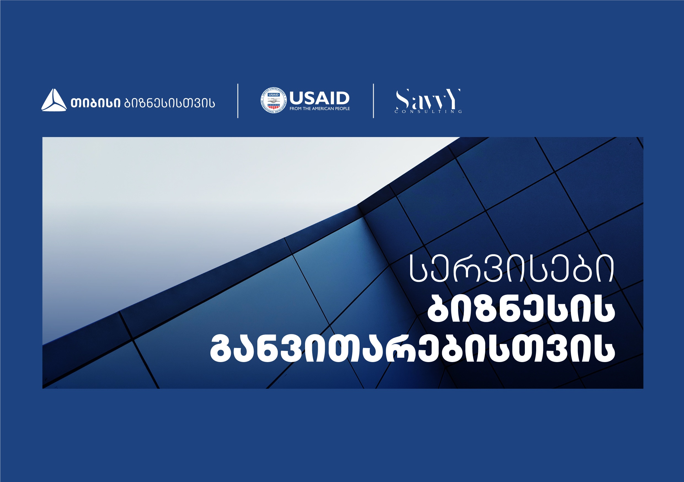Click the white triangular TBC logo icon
[x=54, y=100]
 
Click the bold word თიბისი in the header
[x=96, y=103]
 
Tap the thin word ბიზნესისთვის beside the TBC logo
[x=170, y=103]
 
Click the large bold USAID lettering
[x=319, y=98]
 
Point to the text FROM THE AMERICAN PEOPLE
[x=320, y=109]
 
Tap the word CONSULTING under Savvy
[x=428, y=112]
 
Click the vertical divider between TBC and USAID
[x=238, y=101]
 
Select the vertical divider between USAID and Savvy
[x=373, y=101]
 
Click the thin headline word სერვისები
[x=512, y=268]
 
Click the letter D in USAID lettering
[x=342, y=98]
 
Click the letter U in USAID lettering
[x=296, y=98]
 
